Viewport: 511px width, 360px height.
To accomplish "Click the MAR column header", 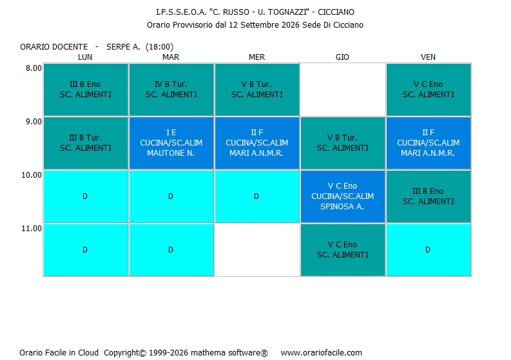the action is pyautogui.click(x=171, y=57).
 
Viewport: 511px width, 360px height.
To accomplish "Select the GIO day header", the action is pyautogui.click(x=342, y=57).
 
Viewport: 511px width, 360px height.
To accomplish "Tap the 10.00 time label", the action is pyautogui.click(x=32, y=175).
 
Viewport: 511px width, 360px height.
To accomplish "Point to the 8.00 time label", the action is pyautogui.click(x=34, y=68).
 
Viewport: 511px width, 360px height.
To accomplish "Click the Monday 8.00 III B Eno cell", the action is pyautogui.click(x=86, y=90).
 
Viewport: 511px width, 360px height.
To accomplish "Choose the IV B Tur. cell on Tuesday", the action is pyautogui.click(x=171, y=90).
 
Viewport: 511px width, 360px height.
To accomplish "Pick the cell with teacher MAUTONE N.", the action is pyautogui.click(x=171, y=143).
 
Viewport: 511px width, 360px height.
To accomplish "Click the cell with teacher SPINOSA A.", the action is pyautogui.click(x=343, y=196).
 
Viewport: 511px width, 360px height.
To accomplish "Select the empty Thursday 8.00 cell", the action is pyautogui.click(x=343, y=90).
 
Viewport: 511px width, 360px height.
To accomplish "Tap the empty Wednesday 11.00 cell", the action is pyautogui.click(x=257, y=250).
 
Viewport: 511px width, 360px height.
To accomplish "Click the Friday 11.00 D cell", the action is pyautogui.click(x=429, y=250).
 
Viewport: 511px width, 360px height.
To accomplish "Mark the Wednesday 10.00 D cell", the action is pyautogui.click(x=257, y=196).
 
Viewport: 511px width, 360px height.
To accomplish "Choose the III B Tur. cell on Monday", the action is pyautogui.click(x=86, y=143).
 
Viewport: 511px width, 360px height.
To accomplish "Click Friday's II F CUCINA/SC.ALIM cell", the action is pyautogui.click(x=429, y=143).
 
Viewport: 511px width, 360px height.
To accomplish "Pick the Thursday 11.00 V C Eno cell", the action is pyautogui.click(x=343, y=250).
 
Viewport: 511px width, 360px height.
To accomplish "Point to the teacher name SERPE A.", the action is pyautogui.click(x=123, y=47).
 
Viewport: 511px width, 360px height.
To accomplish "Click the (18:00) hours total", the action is pyautogui.click(x=159, y=47).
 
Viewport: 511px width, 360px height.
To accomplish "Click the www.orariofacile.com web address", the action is pyautogui.click(x=322, y=353).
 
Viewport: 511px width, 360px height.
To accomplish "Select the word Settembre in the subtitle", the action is pyautogui.click(x=257, y=25).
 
